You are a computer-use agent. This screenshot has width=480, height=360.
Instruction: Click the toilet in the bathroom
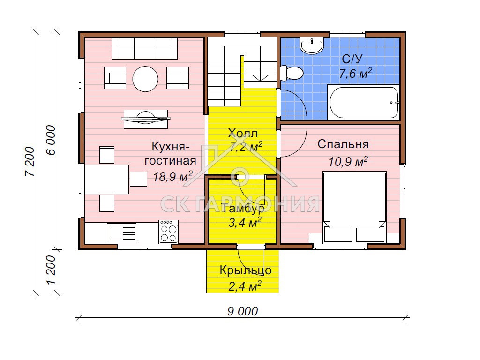(x=292, y=73)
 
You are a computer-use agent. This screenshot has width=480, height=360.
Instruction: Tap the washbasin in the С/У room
(x=312, y=46)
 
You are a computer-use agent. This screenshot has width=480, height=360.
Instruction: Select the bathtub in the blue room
(x=364, y=102)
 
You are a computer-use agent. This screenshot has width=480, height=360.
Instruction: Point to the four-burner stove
(x=168, y=232)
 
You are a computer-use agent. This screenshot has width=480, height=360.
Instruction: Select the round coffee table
(x=145, y=79)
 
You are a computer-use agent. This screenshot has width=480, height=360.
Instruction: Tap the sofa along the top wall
(x=145, y=48)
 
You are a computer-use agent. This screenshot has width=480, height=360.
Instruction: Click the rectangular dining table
(x=106, y=179)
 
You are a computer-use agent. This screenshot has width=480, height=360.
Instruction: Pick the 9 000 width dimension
(x=242, y=311)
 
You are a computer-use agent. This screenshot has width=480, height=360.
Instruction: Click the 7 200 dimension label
(x=30, y=162)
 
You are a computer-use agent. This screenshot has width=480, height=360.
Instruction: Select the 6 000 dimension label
(x=51, y=140)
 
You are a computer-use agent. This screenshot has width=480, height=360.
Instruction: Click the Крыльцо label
(x=246, y=270)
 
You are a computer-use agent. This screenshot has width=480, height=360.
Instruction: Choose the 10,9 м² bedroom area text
(x=348, y=161)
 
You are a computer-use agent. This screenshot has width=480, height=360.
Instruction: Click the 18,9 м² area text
(x=172, y=176)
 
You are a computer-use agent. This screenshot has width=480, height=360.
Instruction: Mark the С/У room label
(x=352, y=59)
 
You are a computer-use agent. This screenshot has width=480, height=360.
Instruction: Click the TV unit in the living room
(x=146, y=119)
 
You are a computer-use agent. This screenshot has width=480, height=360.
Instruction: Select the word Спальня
(x=343, y=144)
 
